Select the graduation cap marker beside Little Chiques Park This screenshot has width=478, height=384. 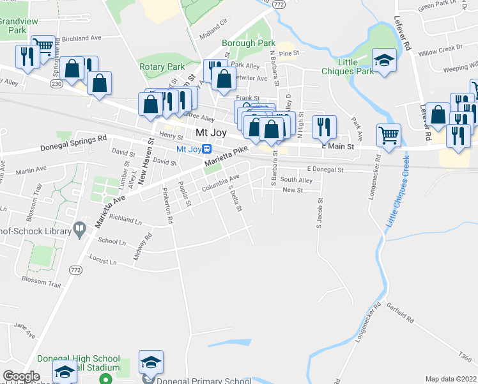(384, 61)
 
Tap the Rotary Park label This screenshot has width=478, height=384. (162, 67)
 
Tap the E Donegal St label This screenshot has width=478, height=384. (325, 170)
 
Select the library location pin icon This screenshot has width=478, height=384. (79, 228)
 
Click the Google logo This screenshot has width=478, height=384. (20, 376)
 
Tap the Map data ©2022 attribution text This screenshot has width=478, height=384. (451, 379)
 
